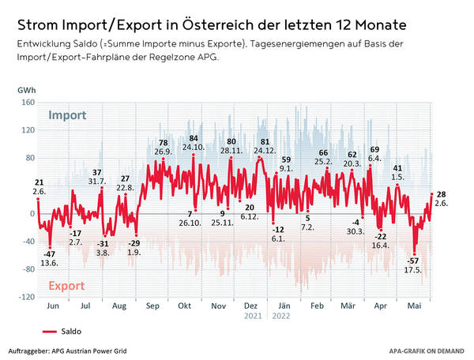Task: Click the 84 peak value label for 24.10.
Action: (194, 138)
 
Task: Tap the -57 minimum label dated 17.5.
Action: (412, 260)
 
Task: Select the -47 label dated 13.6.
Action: (49, 253)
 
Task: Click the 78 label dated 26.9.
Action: (164, 143)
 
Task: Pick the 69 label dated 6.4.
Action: (374, 149)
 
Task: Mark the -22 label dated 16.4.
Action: (382, 237)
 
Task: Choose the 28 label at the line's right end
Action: (442, 194)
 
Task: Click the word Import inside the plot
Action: (67, 116)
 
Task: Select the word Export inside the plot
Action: (67, 285)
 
